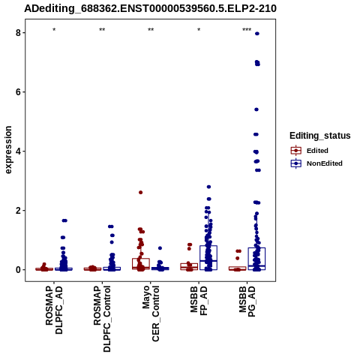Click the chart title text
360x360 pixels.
[150, 8]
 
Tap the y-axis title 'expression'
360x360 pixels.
[8, 150]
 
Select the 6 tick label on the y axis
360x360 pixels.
[18, 92]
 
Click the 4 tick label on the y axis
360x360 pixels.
[18, 151]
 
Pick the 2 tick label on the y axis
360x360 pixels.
[18, 211]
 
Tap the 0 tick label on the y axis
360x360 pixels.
[18, 270]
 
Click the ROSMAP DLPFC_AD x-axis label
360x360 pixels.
[54, 310]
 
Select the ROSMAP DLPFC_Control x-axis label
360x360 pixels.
[102, 319]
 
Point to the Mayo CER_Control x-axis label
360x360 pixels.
[151, 313]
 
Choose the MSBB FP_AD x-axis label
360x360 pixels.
[199, 301]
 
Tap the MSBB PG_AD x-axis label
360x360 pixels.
[247, 301]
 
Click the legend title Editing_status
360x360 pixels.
[320, 136]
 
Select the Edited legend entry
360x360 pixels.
[310, 151]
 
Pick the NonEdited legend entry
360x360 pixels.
[316, 163]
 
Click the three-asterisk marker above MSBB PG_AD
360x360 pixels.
[247, 30]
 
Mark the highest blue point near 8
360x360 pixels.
[257, 34]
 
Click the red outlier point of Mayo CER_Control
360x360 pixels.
[141, 192]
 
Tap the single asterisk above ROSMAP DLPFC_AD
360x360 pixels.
[54, 30]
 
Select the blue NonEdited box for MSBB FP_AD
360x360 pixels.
[208, 257]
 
